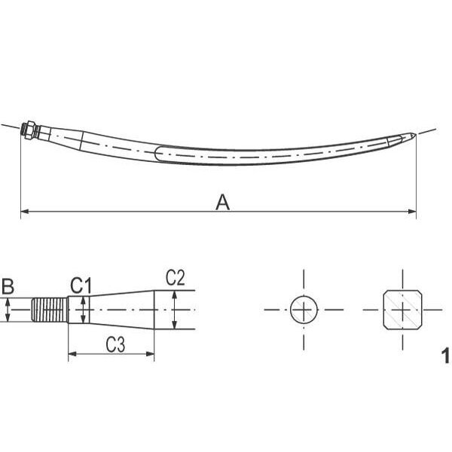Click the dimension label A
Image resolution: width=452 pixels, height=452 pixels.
coord(222,202)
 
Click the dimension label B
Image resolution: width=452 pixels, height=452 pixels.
coord(8,286)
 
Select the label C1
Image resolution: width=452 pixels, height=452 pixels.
coord(81,286)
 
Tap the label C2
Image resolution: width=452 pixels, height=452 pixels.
coord(176,278)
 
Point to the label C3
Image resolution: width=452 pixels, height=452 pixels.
coord(115,344)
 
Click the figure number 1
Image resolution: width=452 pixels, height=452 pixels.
coord(445,356)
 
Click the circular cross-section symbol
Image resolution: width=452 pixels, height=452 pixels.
coord(304,310)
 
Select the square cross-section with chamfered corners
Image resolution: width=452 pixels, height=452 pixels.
coord(403,310)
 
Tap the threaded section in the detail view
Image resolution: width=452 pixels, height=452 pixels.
coord(49,310)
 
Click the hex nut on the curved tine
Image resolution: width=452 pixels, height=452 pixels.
coord(30,130)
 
